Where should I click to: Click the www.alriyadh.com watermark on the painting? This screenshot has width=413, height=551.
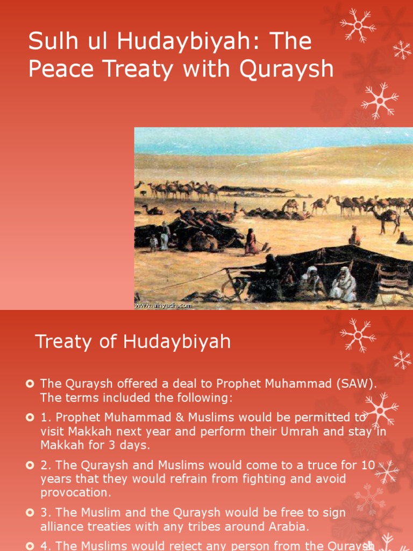click(163, 305)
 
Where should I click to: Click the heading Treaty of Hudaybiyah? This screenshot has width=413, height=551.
click(133, 342)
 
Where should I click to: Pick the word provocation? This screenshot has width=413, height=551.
click(75, 492)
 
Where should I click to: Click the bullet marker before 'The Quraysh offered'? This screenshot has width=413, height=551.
click(30, 384)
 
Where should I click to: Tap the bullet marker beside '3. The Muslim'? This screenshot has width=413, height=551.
click(30, 512)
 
